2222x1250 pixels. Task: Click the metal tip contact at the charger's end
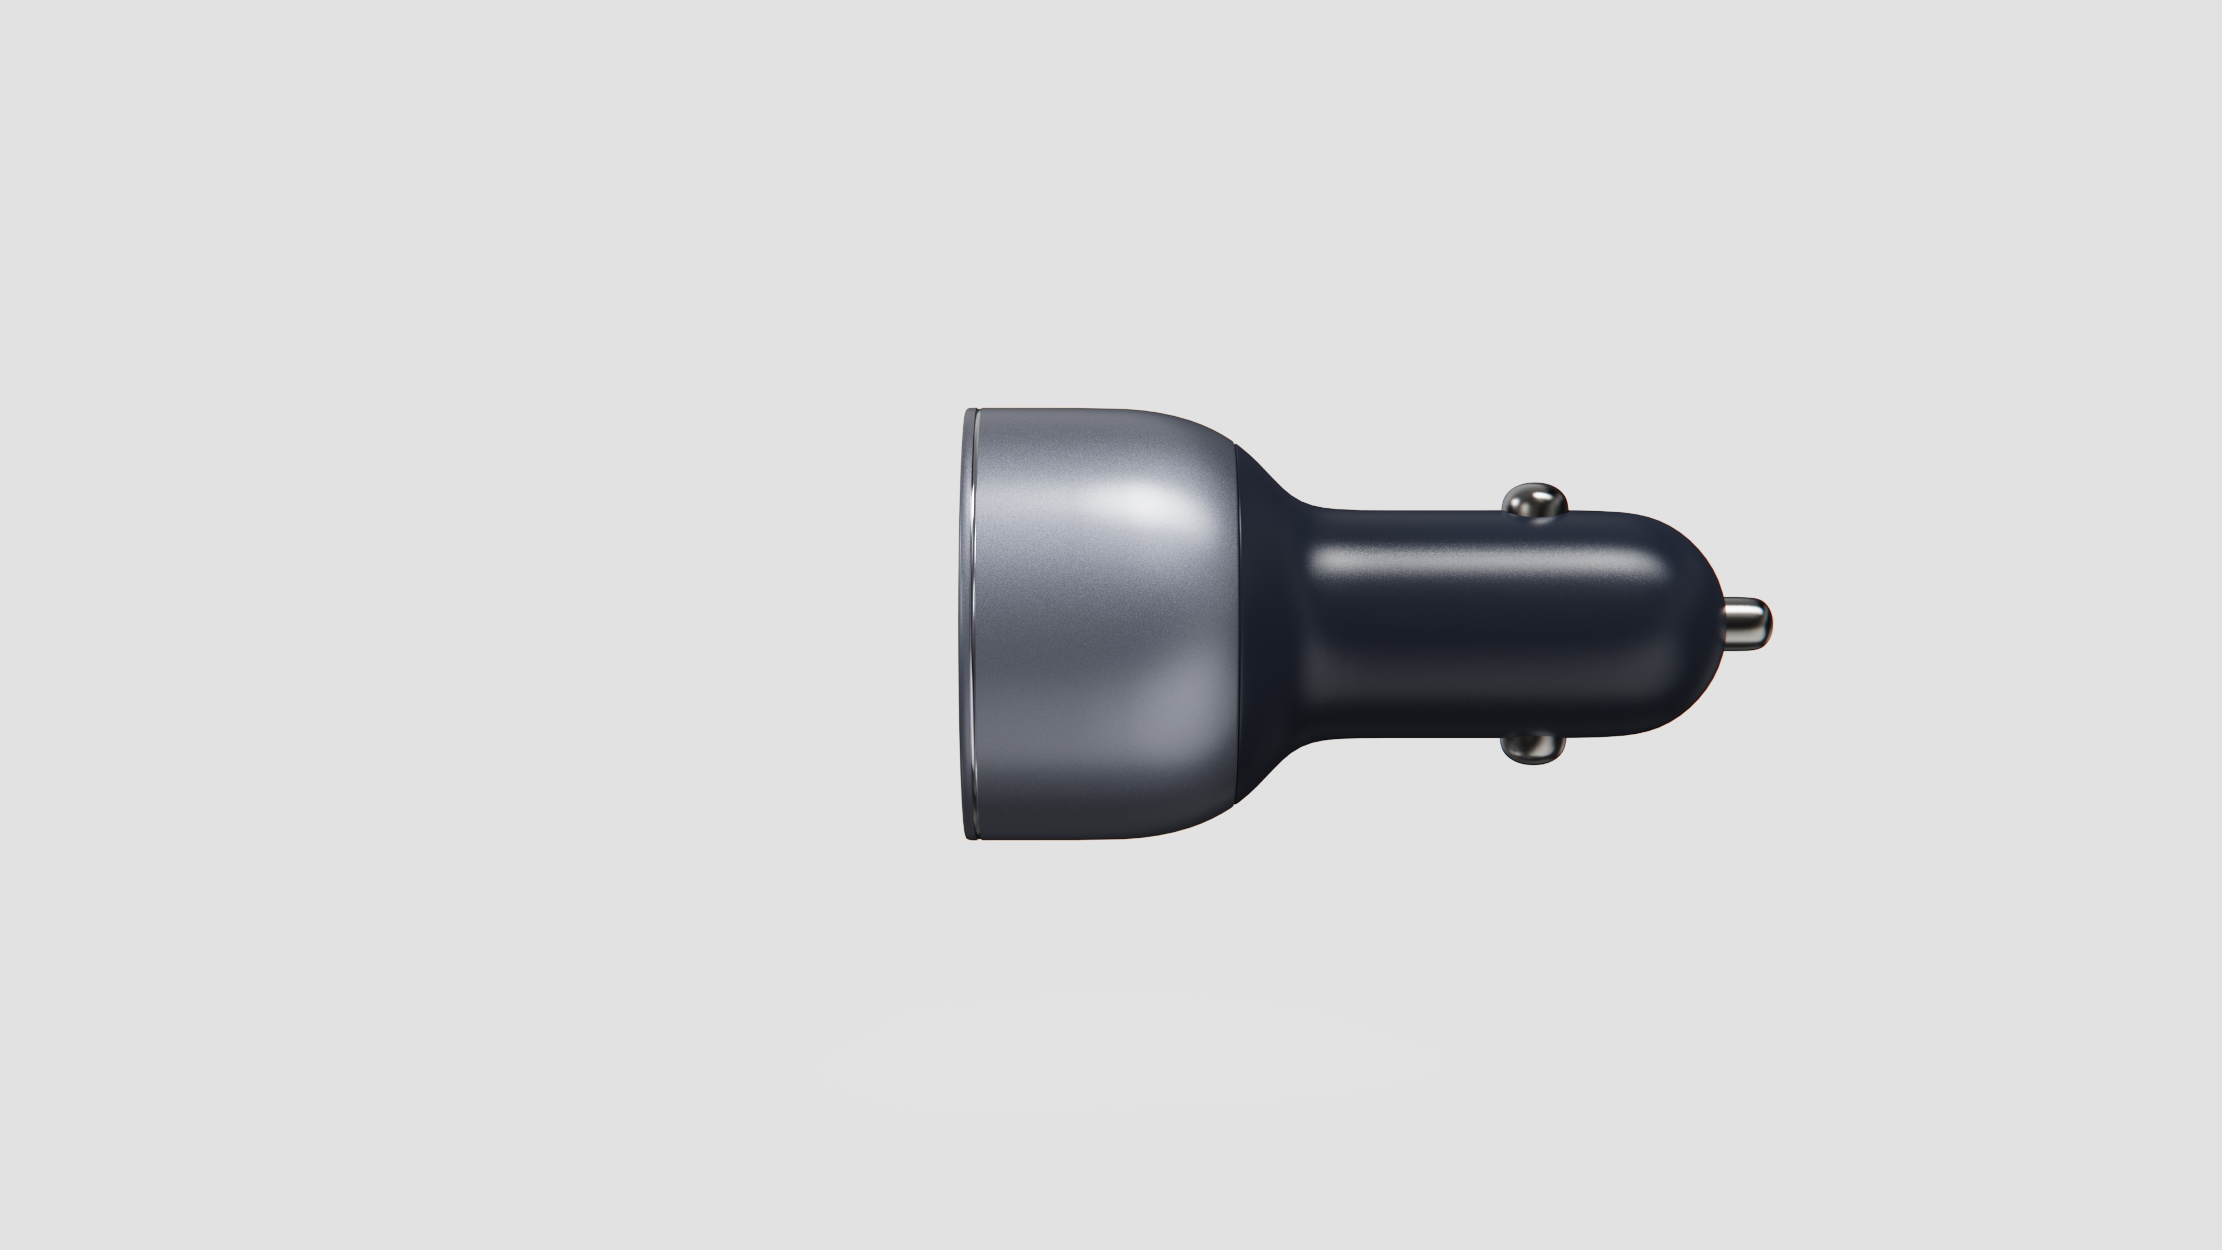1744,623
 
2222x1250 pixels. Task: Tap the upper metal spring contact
1534,501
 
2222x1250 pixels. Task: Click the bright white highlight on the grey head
1139,501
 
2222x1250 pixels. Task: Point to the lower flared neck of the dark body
1272,768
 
